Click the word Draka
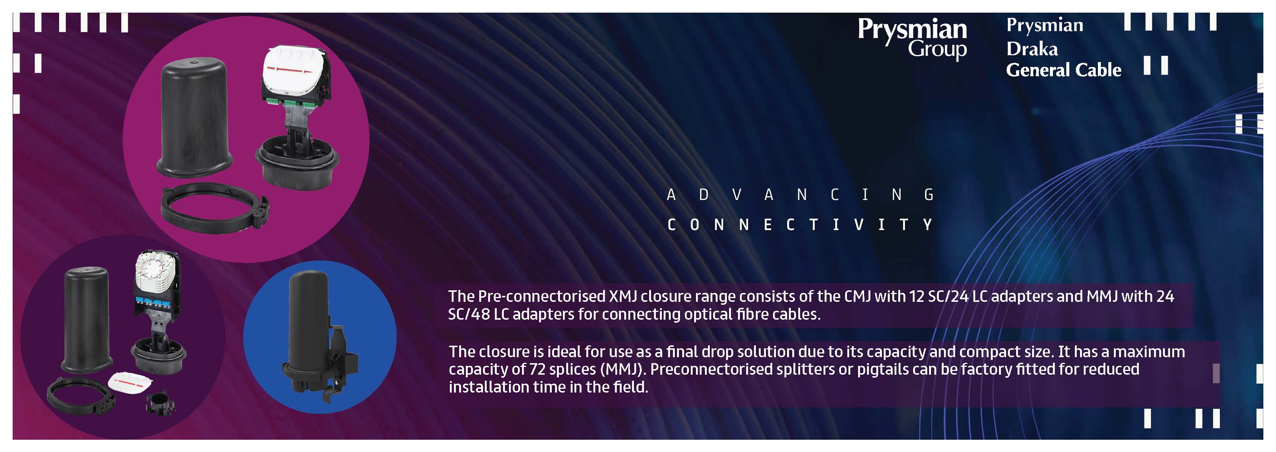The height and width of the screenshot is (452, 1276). (1032, 49)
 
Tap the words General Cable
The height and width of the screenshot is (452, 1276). (1063, 70)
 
